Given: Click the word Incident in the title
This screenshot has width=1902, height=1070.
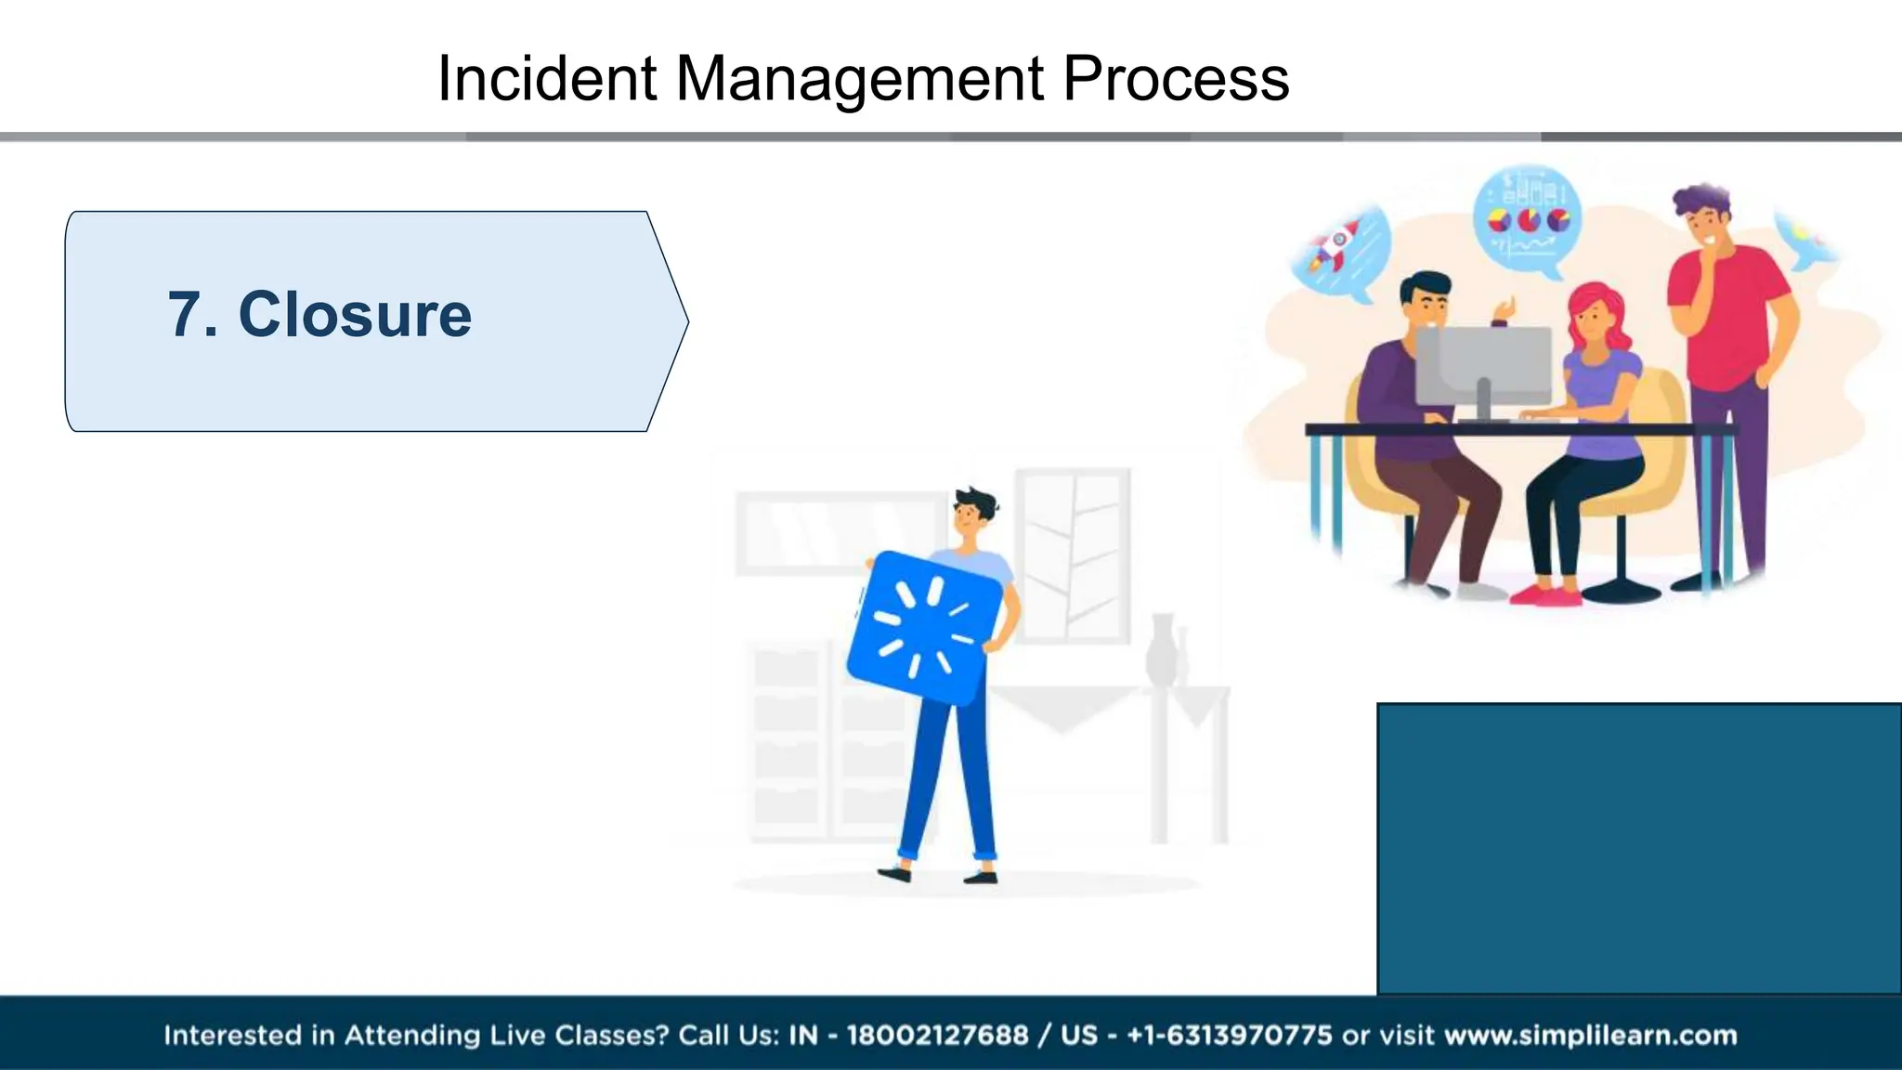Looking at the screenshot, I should coord(547,78).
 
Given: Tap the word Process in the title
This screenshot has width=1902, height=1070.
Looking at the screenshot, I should coord(1175,78).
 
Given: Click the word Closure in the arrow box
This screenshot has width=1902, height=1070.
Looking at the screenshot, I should coord(355,314).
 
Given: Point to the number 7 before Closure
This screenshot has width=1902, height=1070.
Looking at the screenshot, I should coord(184,314).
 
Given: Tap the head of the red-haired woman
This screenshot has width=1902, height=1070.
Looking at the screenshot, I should coord(1596,314).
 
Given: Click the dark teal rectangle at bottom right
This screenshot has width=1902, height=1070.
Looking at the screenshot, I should coord(1639,848).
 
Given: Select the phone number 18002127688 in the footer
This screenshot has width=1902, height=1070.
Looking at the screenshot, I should coord(937,1035).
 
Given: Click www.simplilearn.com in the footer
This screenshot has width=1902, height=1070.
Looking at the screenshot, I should coord(1590,1035).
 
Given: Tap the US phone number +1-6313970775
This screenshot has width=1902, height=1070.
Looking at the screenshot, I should coord(1229,1035).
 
